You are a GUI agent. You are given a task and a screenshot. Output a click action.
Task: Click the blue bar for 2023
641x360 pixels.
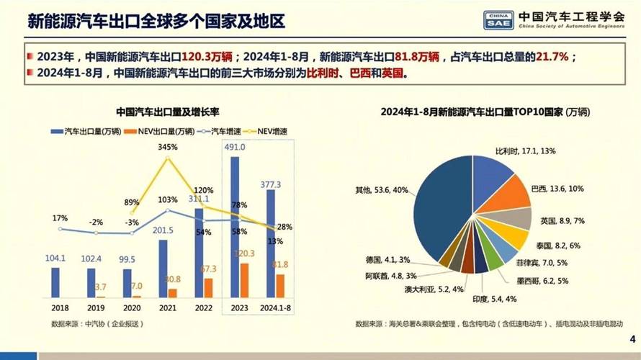tap(234, 227)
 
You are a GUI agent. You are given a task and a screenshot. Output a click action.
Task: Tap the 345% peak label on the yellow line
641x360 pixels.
tap(167, 147)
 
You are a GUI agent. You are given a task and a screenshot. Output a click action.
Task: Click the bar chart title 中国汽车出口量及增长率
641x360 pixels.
tap(168, 112)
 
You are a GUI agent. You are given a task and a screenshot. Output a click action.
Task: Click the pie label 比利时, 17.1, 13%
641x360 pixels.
tap(526, 152)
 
